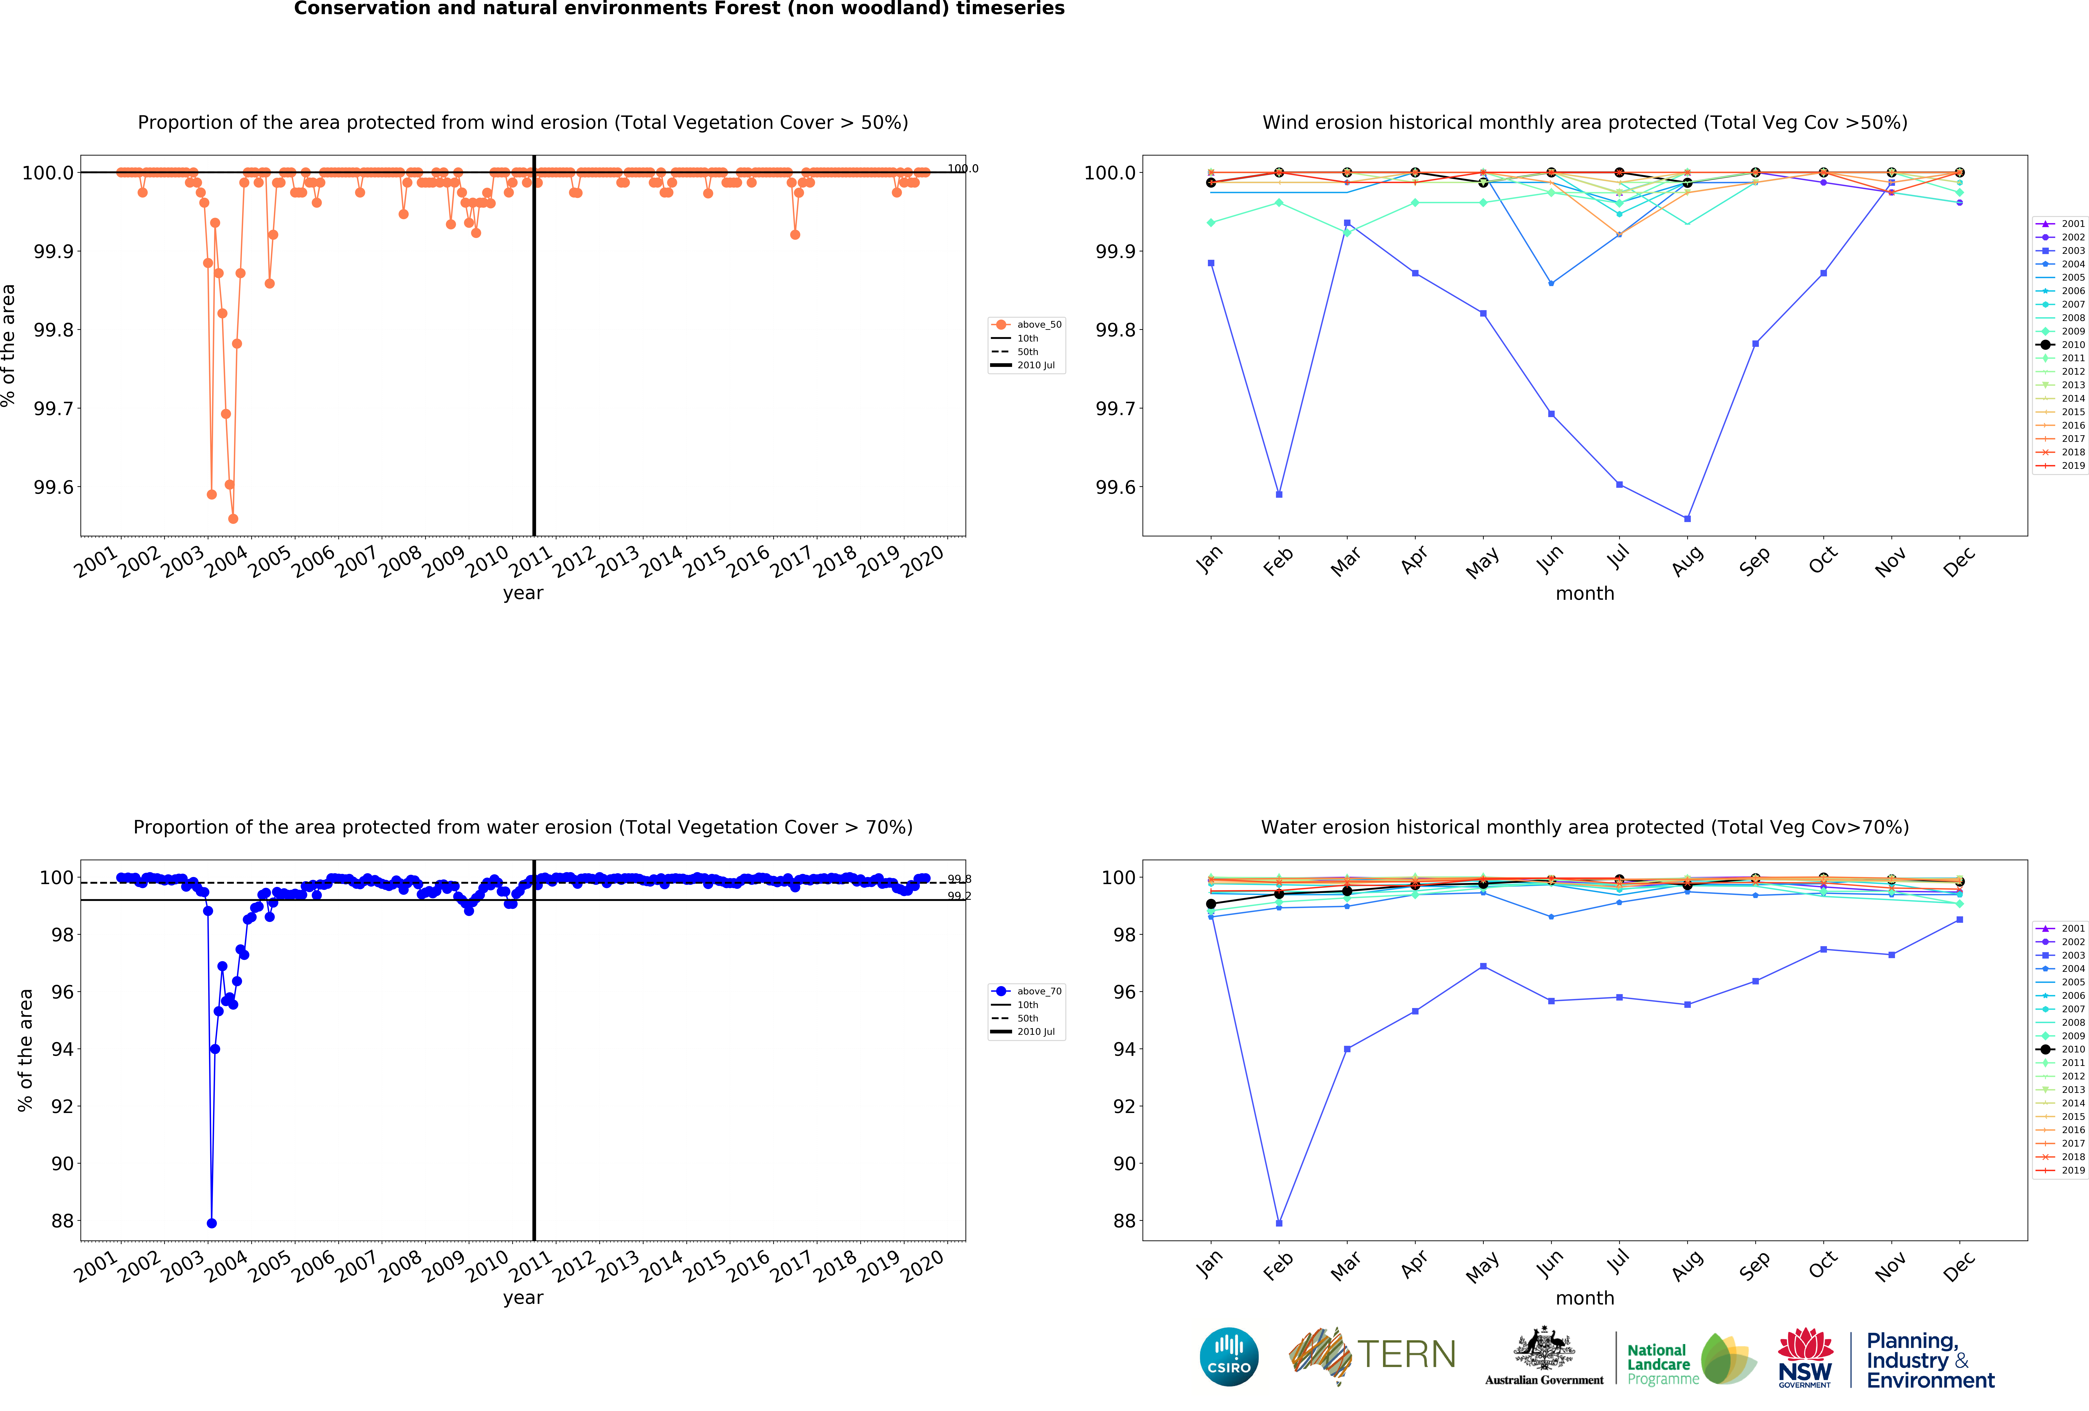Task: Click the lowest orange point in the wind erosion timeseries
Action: coord(233,518)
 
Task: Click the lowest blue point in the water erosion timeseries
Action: coord(211,1223)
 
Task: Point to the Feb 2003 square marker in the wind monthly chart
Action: coord(1279,494)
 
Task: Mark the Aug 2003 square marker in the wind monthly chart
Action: coord(1687,518)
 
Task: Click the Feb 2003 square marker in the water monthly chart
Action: coord(1279,1223)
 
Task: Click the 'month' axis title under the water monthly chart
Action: coord(1585,1298)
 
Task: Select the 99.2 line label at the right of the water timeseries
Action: coord(959,896)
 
